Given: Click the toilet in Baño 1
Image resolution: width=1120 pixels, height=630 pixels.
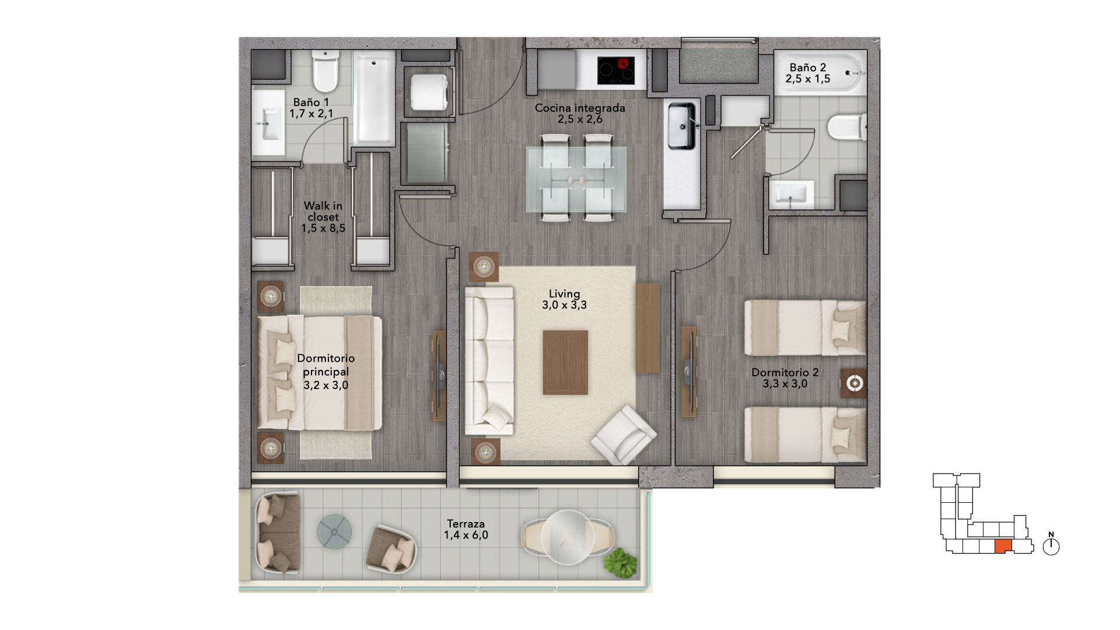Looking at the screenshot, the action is click(x=325, y=71).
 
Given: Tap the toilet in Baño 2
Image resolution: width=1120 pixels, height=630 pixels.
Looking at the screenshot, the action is click(x=846, y=127).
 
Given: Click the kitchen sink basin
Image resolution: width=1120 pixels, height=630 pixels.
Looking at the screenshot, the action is click(x=681, y=125).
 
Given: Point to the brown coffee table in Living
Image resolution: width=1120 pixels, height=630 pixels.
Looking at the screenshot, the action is click(x=565, y=362).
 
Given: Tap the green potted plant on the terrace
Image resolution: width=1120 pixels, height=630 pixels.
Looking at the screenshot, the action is click(x=619, y=563).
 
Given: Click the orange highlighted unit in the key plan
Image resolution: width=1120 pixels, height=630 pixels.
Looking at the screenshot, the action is click(x=1003, y=547).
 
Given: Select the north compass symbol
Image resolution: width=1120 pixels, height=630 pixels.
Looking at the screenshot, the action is click(x=1051, y=545).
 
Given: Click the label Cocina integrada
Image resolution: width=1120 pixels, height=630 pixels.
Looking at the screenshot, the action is click(x=580, y=108).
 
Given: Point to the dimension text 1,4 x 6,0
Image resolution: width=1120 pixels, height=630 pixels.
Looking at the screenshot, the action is click(x=466, y=535).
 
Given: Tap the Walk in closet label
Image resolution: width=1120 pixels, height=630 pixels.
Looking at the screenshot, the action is click(x=323, y=211).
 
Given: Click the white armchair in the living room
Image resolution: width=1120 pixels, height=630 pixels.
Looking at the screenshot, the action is click(x=624, y=435).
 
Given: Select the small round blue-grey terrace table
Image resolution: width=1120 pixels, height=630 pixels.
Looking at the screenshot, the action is click(x=335, y=531).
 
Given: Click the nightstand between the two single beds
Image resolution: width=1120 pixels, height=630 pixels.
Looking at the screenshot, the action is click(x=853, y=383).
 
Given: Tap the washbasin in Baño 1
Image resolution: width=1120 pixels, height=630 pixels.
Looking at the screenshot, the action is click(x=269, y=123).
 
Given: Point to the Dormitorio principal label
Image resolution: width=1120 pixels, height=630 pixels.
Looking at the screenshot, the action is click(x=325, y=365).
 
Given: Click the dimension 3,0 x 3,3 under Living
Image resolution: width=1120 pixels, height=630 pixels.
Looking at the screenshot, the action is click(x=564, y=305).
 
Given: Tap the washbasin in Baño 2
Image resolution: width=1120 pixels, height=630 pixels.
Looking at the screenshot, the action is click(x=791, y=194).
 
